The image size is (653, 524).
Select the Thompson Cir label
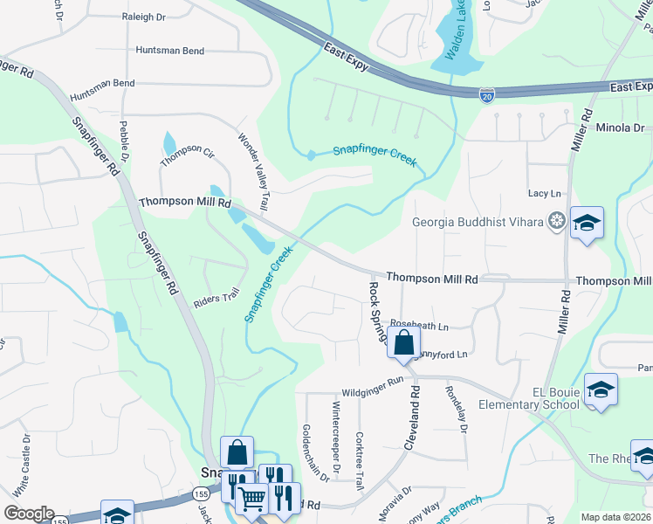point(187,156)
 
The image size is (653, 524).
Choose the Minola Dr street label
point(619,128)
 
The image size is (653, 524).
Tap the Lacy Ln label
point(544,193)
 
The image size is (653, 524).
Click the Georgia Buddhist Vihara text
point(478,221)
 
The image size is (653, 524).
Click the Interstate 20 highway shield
point(488,93)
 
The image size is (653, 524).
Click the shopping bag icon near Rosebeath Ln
point(403,343)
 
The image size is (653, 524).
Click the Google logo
point(29,514)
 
